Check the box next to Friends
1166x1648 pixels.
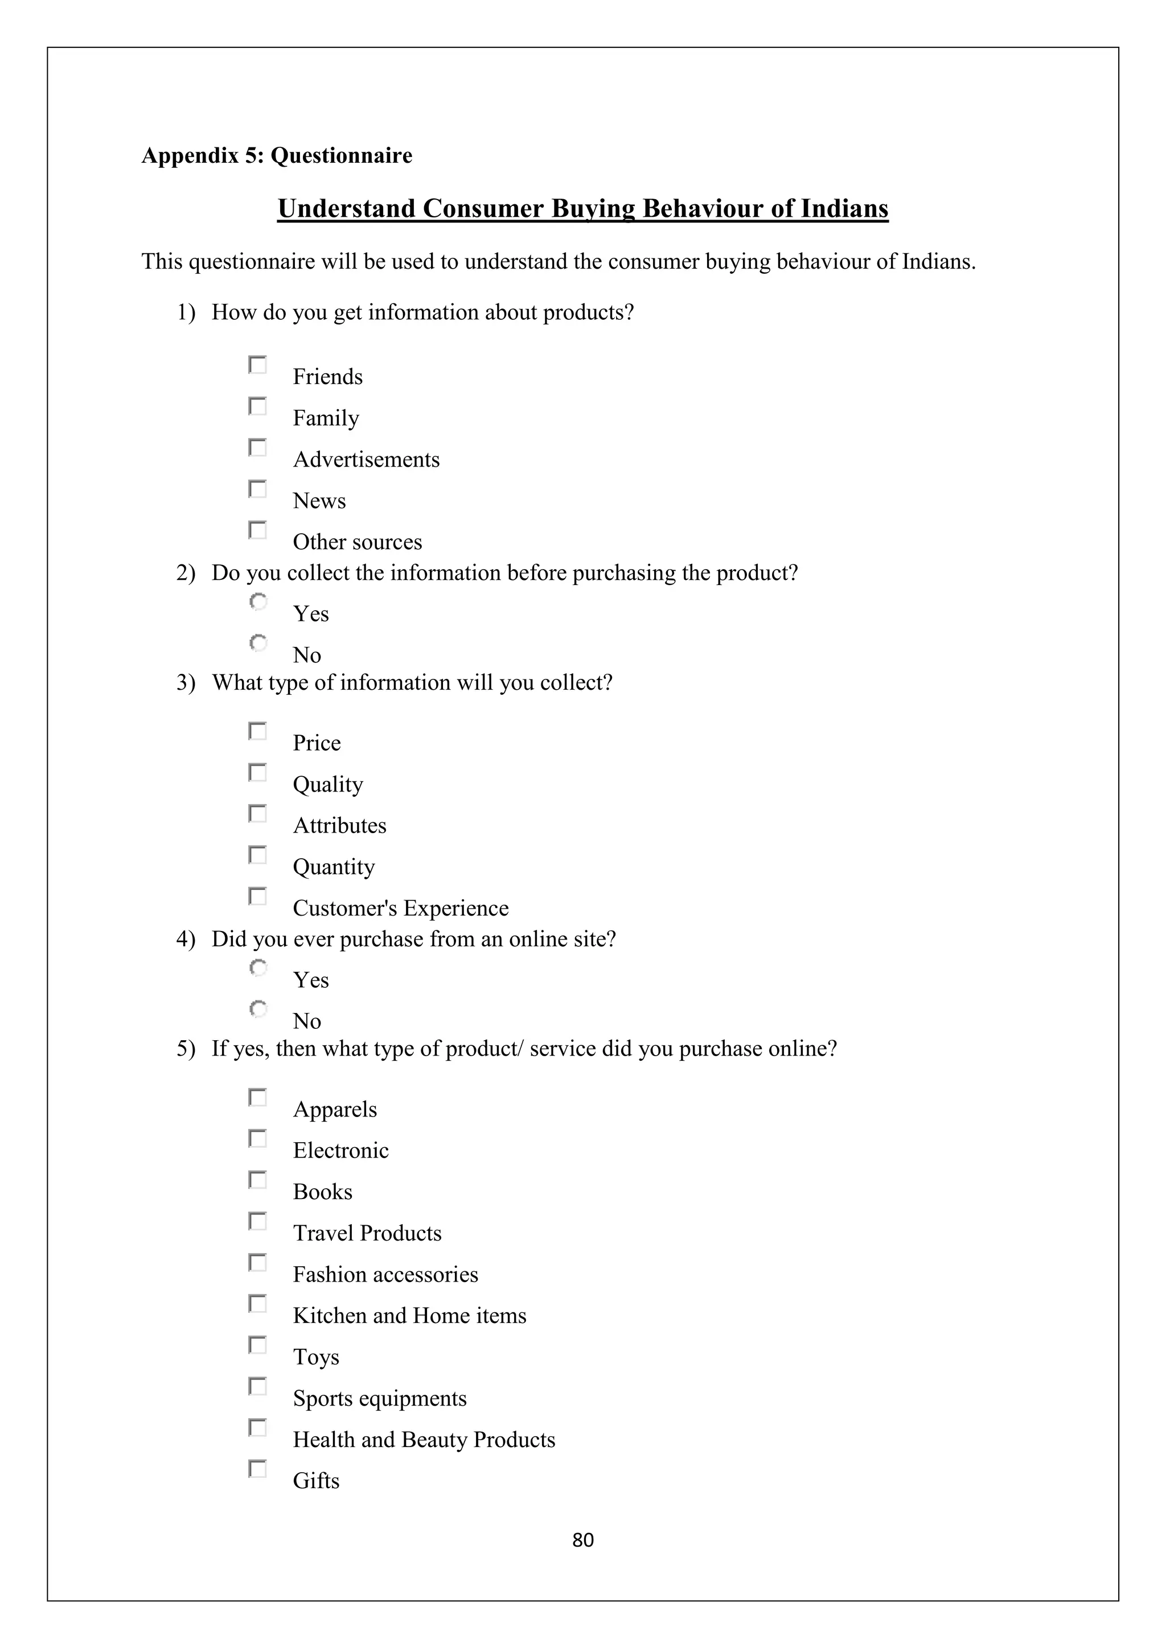[x=257, y=365]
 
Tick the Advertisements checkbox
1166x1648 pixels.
[x=257, y=448]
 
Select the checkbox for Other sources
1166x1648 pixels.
[x=257, y=530]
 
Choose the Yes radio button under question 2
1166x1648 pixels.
[x=258, y=601]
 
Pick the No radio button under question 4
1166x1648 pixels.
[x=258, y=1009]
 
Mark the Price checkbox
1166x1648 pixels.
[x=257, y=731]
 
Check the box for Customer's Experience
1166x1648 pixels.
[x=257, y=896]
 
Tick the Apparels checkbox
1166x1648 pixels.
[x=257, y=1098]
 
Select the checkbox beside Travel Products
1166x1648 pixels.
[x=257, y=1222]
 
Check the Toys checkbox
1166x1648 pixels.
[x=257, y=1345]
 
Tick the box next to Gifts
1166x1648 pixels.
[x=257, y=1469]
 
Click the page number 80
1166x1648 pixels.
[x=582, y=1540]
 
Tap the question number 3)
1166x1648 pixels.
[x=186, y=683]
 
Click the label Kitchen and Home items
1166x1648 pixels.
[x=409, y=1316]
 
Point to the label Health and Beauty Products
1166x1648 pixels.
[x=424, y=1440]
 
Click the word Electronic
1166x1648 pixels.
[x=340, y=1151]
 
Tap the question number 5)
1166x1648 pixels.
[x=186, y=1049]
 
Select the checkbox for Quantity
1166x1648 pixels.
[x=257, y=855]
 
